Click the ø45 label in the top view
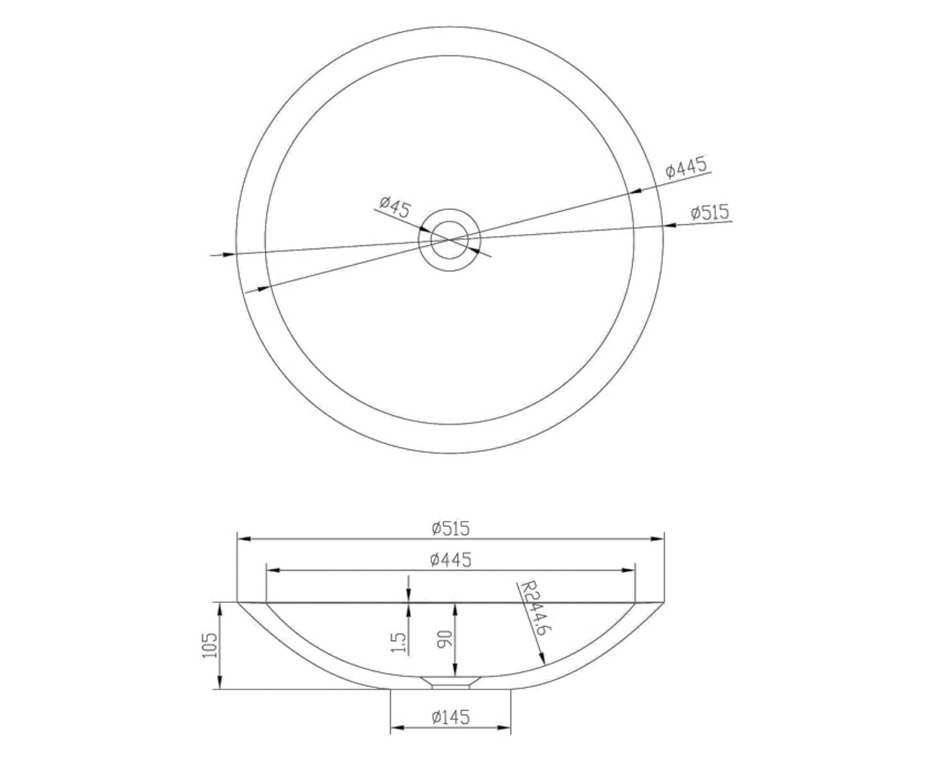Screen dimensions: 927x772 point(396,208)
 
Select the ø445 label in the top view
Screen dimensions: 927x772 point(686,168)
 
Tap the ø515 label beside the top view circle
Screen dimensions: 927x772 point(710,212)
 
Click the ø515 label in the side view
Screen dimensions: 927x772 point(450,528)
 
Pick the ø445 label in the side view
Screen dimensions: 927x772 point(450,560)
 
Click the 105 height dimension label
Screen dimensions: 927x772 point(209,645)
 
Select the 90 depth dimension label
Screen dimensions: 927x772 point(444,639)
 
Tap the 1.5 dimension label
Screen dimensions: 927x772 point(399,642)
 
